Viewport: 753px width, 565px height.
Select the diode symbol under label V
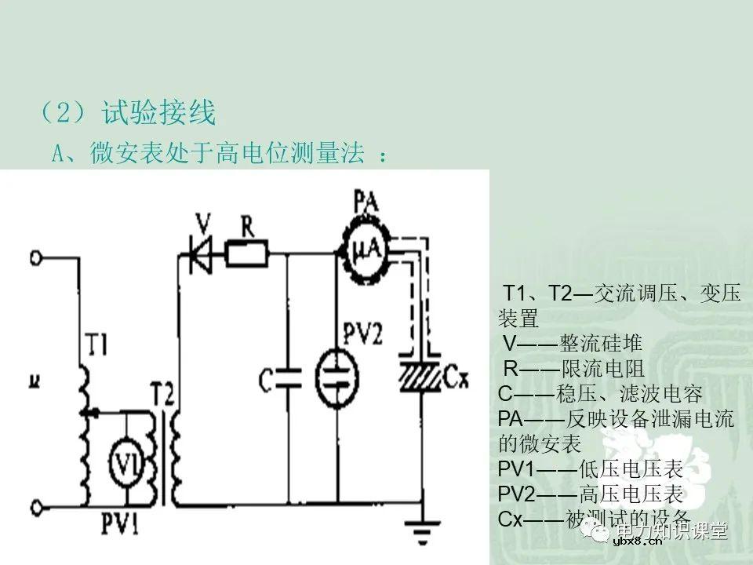point(202,253)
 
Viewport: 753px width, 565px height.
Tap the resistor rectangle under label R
point(247,253)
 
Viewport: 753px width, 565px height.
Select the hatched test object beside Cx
point(421,374)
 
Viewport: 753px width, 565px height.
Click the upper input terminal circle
point(34,257)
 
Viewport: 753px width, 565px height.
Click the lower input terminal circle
point(34,505)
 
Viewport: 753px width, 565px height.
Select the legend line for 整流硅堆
point(573,343)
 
